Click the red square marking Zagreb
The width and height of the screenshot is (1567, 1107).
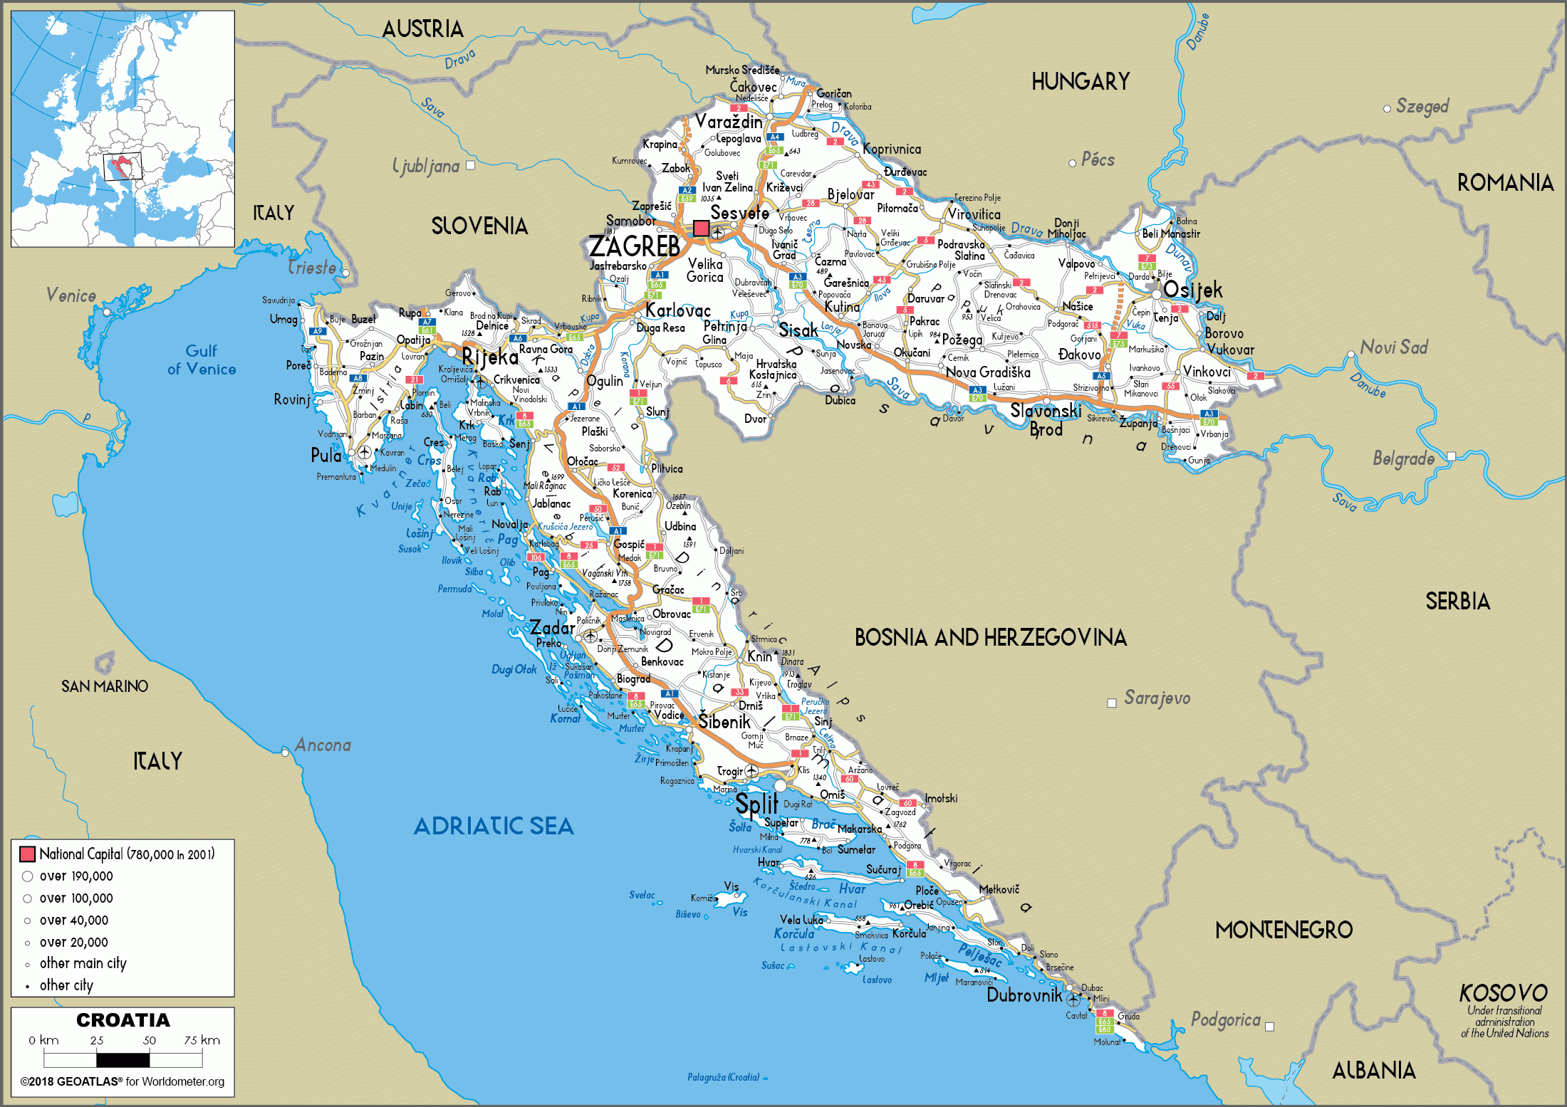701,229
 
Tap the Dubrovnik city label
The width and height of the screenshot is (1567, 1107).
1024,995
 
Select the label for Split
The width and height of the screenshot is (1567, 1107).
756,804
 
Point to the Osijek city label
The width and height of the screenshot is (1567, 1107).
1193,290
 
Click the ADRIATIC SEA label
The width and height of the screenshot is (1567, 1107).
494,826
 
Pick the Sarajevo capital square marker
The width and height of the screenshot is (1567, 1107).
1111,703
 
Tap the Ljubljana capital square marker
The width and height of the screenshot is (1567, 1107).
470,165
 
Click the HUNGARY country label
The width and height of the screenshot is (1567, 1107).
1081,82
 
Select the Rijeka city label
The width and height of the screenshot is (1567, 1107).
490,357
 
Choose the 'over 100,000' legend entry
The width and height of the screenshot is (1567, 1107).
76,898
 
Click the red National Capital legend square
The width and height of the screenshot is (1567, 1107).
28,854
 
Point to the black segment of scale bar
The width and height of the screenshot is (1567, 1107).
124,1060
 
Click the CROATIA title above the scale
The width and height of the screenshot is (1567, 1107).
123,1020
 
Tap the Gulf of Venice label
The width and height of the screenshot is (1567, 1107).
202,360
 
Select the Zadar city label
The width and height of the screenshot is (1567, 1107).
552,628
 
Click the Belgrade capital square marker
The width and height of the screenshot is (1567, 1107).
1451,456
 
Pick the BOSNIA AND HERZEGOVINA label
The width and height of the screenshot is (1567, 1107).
990,637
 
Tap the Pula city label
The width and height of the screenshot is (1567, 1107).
326,456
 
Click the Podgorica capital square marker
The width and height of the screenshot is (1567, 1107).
1269,1027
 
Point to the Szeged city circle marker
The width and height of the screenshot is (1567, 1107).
1387,109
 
